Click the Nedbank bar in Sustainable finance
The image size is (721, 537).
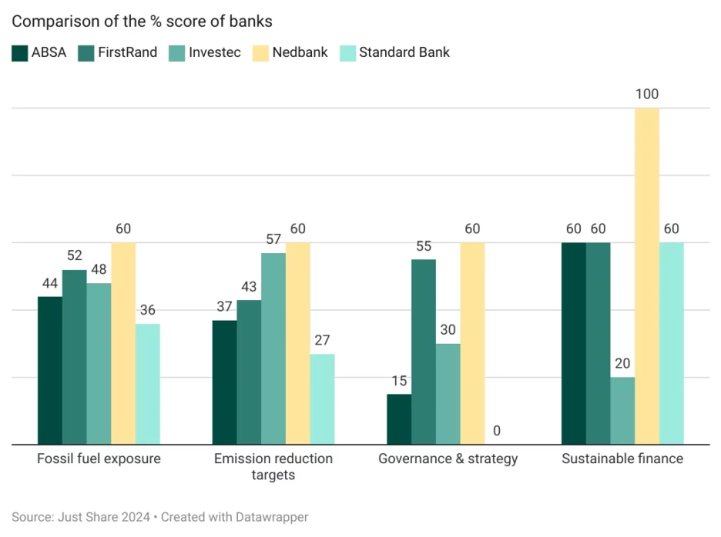[647, 276]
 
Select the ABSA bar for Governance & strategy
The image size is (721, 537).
[399, 419]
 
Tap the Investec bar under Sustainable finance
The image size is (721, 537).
[622, 411]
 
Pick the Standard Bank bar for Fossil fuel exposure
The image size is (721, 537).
[148, 384]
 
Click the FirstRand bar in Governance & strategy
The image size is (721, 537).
[424, 352]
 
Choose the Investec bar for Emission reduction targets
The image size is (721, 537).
[273, 349]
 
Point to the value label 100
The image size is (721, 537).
[647, 95]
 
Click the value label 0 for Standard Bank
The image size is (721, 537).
[497, 431]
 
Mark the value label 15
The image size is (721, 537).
[399, 381]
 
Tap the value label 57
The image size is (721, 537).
[273, 239]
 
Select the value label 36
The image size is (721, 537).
[148, 310]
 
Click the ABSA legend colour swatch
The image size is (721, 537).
[19, 53]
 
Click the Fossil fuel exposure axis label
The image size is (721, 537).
[99, 459]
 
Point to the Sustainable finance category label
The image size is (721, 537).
[622, 459]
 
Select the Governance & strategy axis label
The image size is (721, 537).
[448, 459]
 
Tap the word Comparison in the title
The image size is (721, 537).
[48, 22]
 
